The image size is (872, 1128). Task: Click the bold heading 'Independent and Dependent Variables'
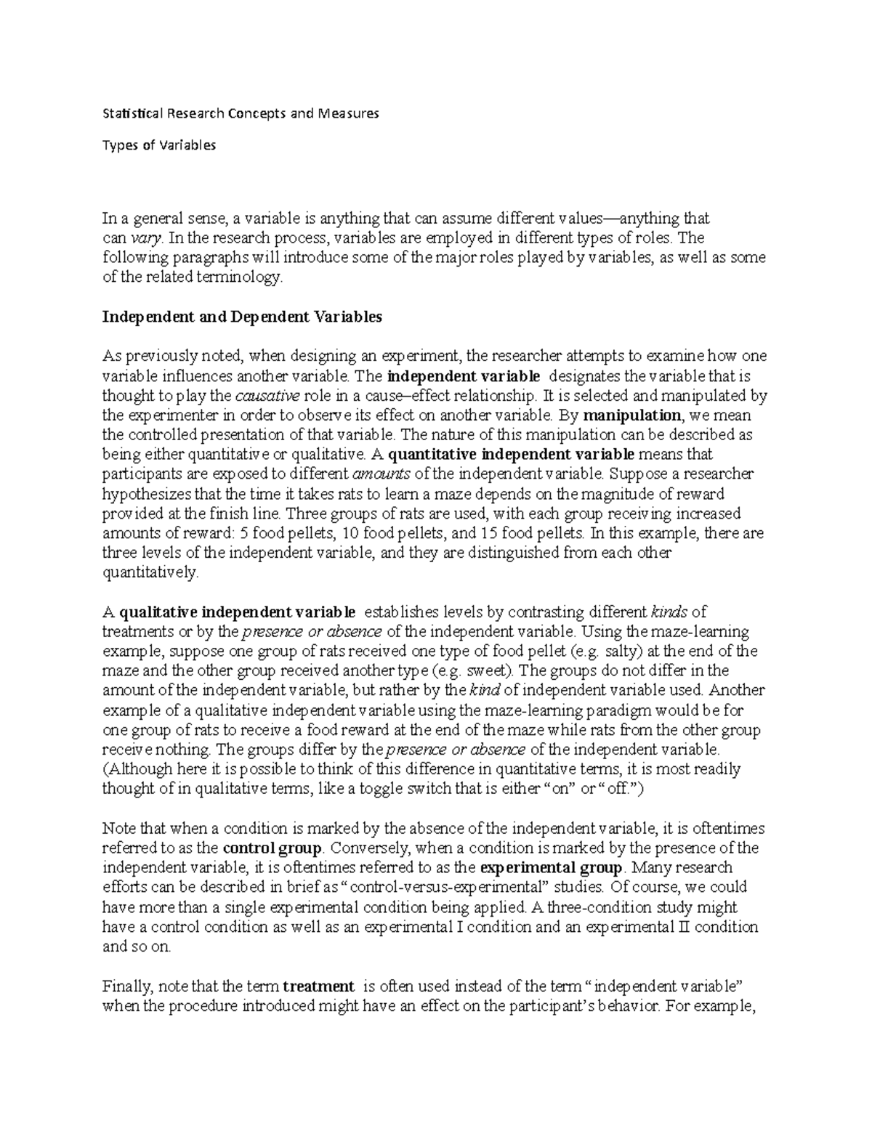[242, 317]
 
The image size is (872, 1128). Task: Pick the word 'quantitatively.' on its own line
[150, 572]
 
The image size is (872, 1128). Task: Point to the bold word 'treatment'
[318, 986]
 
